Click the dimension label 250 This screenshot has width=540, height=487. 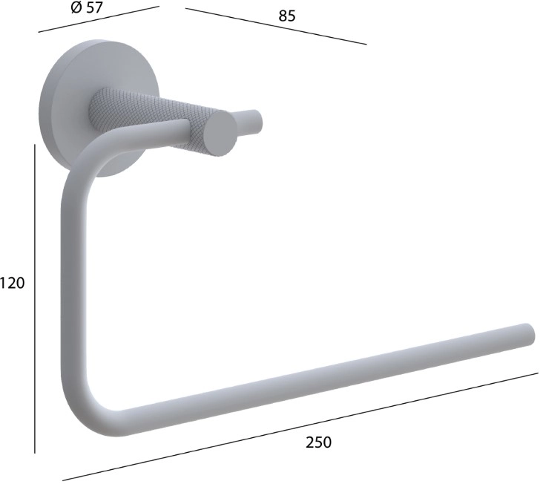click(x=318, y=442)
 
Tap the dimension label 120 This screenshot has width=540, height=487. click(x=13, y=283)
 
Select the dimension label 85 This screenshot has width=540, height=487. click(x=287, y=16)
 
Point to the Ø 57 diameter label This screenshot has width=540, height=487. click(x=87, y=7)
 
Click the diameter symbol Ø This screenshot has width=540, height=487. click(x=76, y=7)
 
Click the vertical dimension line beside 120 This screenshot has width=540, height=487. click(x=35, y=298)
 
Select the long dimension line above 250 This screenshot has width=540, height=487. click(x=300, y=426)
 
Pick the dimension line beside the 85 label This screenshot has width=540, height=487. click(x=276, y=26)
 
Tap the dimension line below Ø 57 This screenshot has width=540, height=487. click(x=99, y=19)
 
